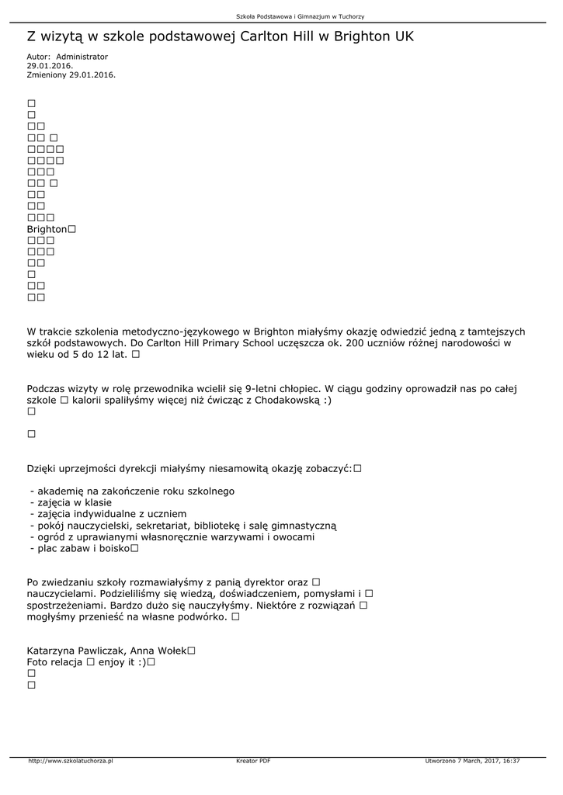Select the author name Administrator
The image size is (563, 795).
[82, 57]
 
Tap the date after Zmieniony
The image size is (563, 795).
[92, 75]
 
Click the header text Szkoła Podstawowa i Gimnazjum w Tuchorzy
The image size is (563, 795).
[300, 16]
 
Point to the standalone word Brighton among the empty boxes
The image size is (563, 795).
[47, 230]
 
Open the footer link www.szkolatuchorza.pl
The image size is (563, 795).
[71, 761]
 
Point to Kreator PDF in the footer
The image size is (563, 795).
[253, 761]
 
